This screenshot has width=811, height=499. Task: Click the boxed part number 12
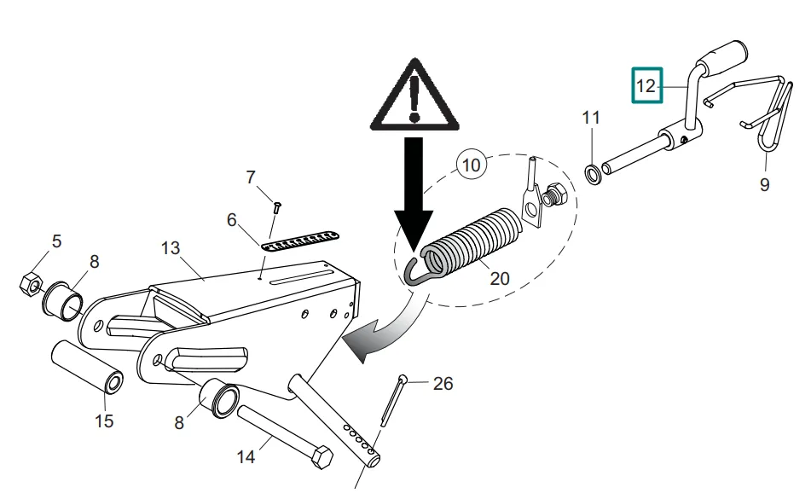click(x=646, y=85)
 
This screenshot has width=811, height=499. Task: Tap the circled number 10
click(x=472, y=163)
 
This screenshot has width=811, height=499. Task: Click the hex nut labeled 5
click(x=30, y=282)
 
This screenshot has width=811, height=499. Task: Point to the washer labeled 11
click(x=590, y=176)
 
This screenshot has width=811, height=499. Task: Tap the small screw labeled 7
click(x=277, y=206)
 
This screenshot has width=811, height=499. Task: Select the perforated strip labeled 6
click(x=301, y=240)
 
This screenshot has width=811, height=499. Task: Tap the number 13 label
click(x=171, y=248)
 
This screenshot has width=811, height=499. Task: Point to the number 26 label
click(x=443, y=384)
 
